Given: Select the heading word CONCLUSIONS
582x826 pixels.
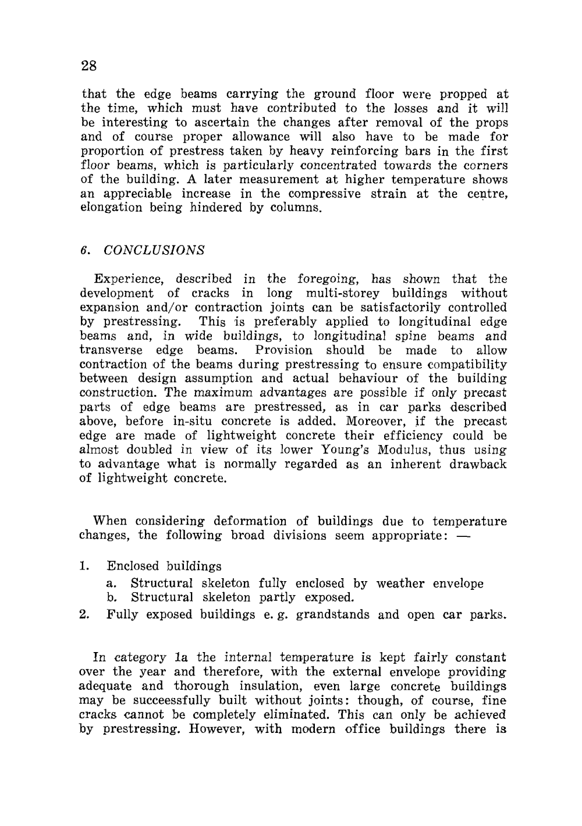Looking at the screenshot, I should click(154, 251).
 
